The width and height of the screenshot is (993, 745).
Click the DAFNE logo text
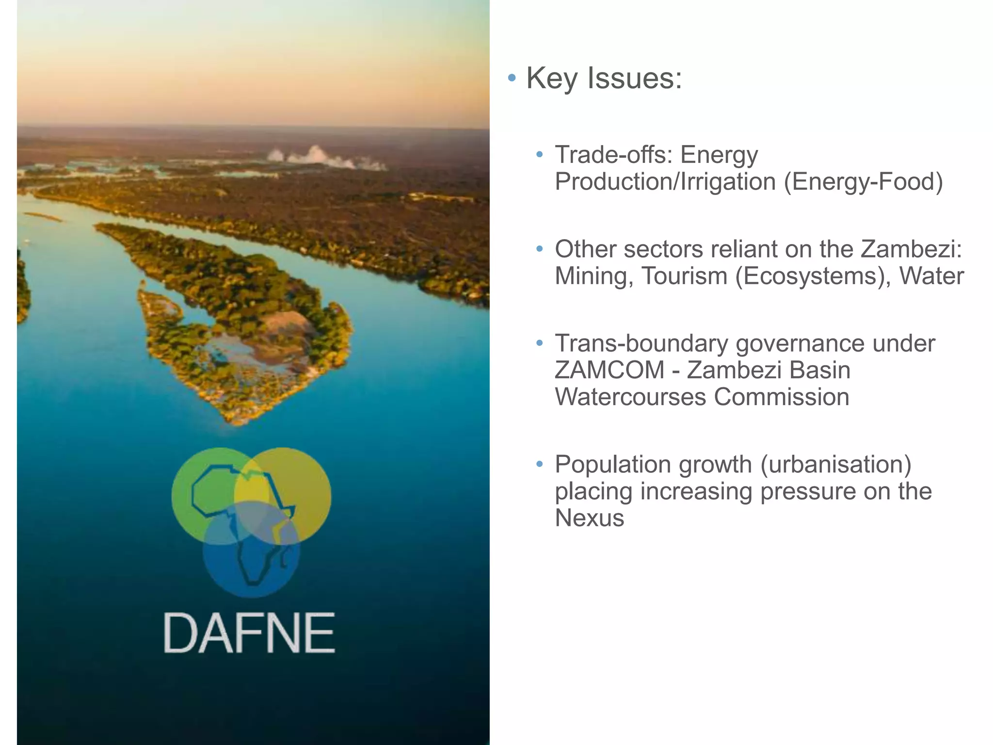(x=249, y=633)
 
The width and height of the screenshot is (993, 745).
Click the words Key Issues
(x=604, y=78)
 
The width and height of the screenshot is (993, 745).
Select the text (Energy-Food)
(x=863, y=182)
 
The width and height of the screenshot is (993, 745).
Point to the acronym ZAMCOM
(x=609, y=370)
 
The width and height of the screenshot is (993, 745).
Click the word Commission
(x=781, y=397)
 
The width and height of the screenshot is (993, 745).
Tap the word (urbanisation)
(x=835, y=464)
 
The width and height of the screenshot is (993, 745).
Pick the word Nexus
(x=589, y=518)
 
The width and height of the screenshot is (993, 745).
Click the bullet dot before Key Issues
(x=512, y=78)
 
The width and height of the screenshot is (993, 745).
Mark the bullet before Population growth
(x=540, y=465)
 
